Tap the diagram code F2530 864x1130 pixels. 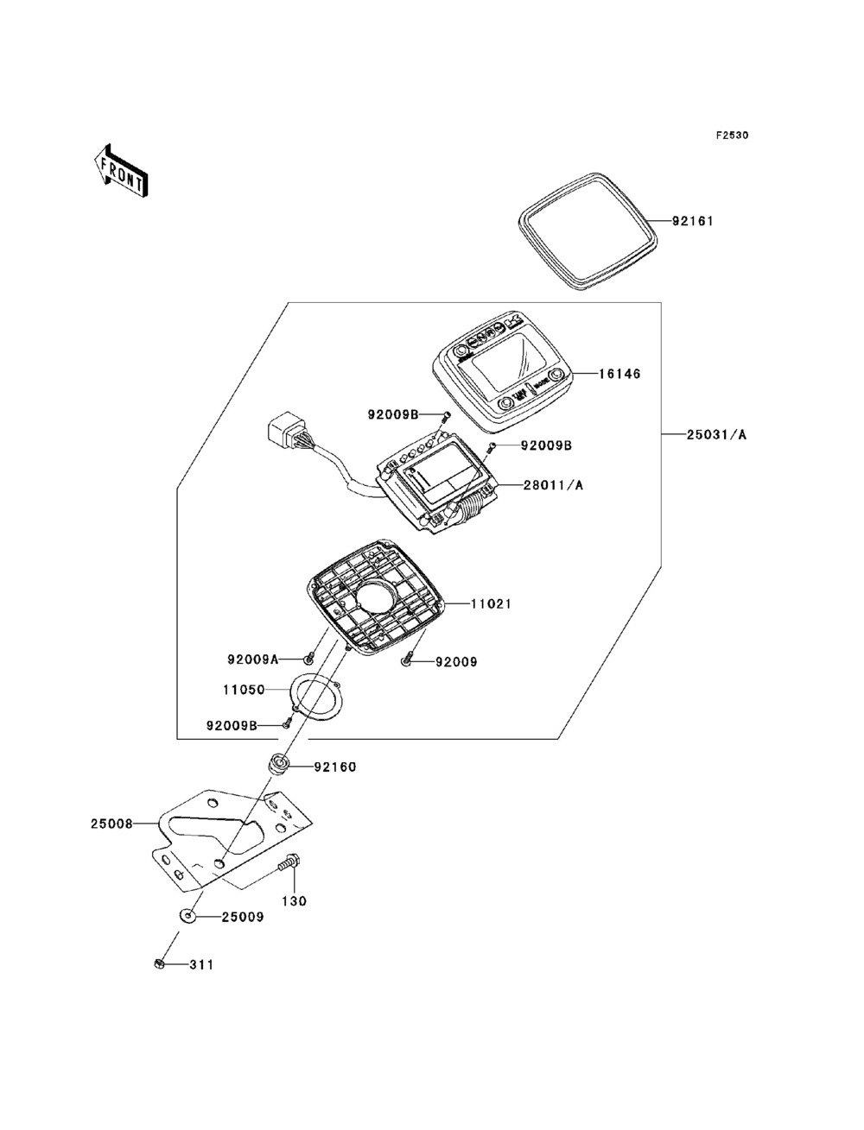(731, 136)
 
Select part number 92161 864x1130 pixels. (694, 221)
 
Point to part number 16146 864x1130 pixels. (619, 375)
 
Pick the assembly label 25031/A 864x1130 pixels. (717, 435)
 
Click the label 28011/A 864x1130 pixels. (553, 485)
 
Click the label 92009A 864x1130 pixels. (253, 660)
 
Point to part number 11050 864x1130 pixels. (243, 691)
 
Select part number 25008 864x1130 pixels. (111, 824)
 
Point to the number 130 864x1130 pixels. (295, 901)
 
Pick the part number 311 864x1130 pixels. (202, 965)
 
